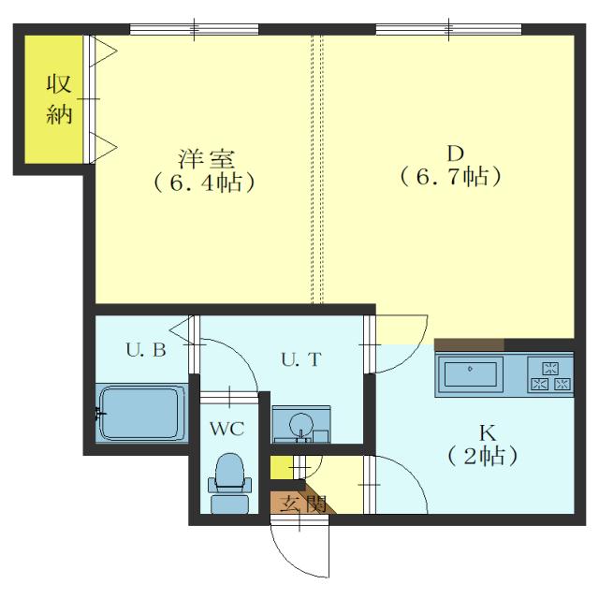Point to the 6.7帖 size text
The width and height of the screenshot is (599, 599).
tap(451, 176)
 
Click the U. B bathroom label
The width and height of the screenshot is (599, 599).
tap(145, 351)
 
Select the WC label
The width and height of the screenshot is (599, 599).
tap(226, 429)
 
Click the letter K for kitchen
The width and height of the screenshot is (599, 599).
tap(486, 433)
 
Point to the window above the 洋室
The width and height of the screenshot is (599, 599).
tap(194, 29)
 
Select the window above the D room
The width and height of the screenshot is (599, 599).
tap(447, 29)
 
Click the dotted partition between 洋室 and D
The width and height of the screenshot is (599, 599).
tap(317, 168)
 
